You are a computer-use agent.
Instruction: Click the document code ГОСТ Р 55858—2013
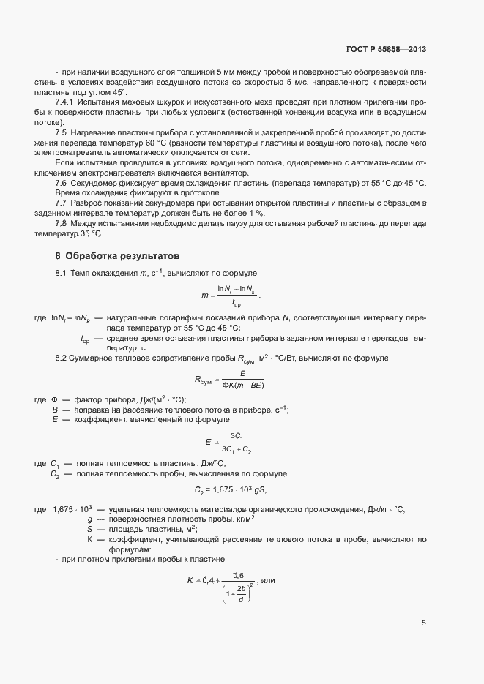(x=385, y=49)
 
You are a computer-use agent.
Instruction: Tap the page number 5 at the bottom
(x=423, y=623)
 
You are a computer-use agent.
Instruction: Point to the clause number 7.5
(x=62, y=132)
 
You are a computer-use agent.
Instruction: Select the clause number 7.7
(x=62, y=201)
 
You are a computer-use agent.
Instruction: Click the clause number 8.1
(x=62, y=274)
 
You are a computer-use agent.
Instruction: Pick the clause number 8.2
(x=62, y=357)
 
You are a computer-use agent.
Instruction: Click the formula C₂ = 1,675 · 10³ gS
(x=234, y=490)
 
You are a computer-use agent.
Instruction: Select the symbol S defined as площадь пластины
(x=89, y=529)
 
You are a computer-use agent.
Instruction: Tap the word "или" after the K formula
(x=267, y=581)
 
